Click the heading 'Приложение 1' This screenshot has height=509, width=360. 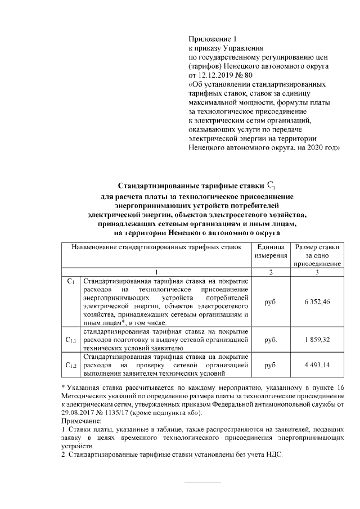pos(209,39)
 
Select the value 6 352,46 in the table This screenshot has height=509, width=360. pos(317,301)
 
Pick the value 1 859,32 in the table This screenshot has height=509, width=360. pos(317,340)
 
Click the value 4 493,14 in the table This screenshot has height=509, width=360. pos(317,365)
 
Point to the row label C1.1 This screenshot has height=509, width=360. pos(70,340)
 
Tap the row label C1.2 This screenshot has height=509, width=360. pos(70,366)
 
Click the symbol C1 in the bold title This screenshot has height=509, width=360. pos(269,184)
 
